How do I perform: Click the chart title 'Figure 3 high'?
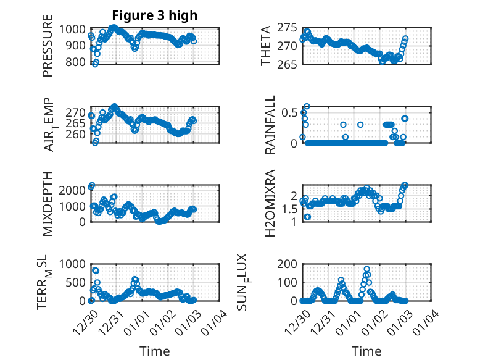click(155, 15)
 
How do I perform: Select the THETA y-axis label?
click(266, 46)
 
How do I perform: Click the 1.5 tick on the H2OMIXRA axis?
click(289, 209)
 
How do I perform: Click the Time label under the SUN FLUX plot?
click(366, 351)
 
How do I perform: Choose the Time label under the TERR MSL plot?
click(155, 351)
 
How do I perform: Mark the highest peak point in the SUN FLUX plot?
click(366, 269)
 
